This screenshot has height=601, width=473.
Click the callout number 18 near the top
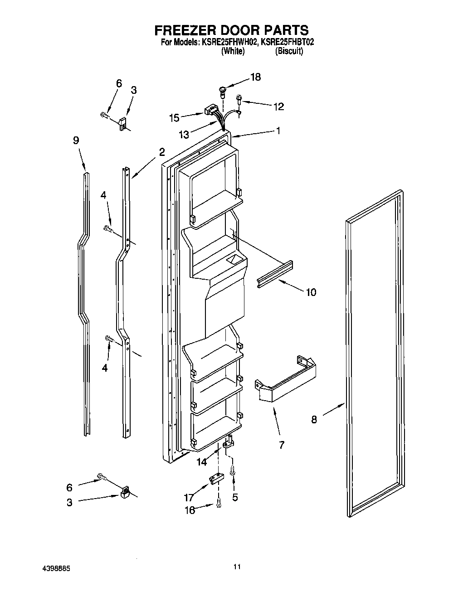(255, 77)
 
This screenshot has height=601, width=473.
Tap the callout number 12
(278, 107)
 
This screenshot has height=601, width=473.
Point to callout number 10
(311, 292)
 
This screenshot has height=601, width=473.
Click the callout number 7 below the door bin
(282, 445)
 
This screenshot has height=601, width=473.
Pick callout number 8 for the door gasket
(314, 420)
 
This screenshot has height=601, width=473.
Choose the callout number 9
(76, 141)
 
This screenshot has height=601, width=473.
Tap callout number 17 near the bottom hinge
(189, 497)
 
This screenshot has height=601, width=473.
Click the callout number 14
(201, 462)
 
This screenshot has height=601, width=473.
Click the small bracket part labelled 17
(216, 478)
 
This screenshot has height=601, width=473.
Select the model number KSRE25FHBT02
(288, 42)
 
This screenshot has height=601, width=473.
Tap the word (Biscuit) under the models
(289, 52)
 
